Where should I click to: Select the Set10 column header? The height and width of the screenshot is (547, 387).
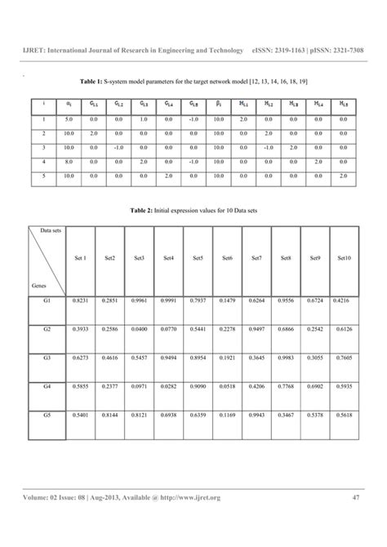(344, 258)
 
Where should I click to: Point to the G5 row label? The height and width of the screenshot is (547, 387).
(47, 416)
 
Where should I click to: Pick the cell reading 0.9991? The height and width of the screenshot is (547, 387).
(168, 301)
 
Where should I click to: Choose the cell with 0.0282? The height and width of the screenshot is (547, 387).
(168, 388)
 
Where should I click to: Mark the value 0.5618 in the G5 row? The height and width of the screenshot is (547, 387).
(344, 416)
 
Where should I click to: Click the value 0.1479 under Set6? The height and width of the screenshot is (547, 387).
(227, 301)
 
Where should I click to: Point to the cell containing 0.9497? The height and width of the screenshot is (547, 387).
(256, 330)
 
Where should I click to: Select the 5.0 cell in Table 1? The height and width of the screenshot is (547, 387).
(70, 119)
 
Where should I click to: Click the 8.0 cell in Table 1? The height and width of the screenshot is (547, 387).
(70, 162)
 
